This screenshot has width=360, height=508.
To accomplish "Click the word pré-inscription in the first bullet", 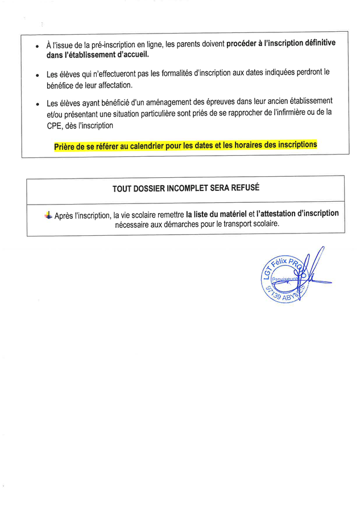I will pyautogui.click(x=100, y=45).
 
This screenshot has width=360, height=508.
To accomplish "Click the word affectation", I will pyautogui.click(x=112, y=85).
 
